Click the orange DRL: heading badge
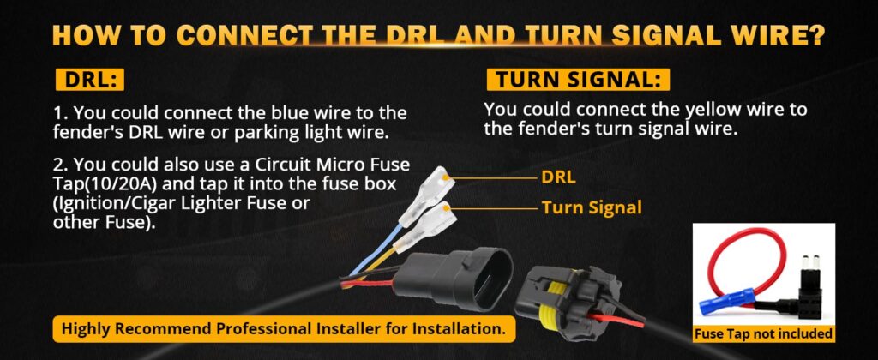click(89, 80)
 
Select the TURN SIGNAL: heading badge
click(579, 80)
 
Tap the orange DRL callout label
click(558, 177)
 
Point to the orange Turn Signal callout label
click(592, 207)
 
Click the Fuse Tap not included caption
click(764, 334)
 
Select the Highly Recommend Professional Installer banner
click(283, 328)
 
